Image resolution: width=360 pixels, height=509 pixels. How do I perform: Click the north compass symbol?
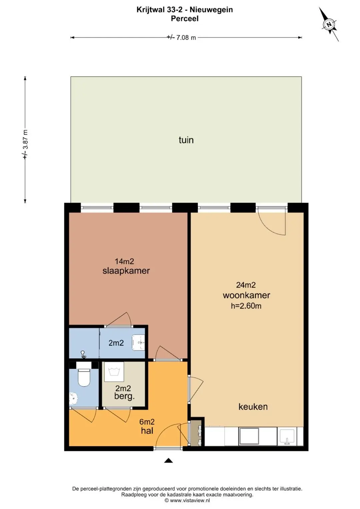[x=329, y=24]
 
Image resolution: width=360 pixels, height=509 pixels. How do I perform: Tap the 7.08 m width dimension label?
[x=181, y=37]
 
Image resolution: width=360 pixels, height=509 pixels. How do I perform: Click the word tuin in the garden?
[x=186, y=140]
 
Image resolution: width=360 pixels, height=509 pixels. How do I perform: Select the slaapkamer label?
[x=126, y=271]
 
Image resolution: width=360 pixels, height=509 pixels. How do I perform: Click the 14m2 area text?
[x=124, y=261]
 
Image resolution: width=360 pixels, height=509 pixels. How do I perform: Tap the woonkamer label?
[x=246, y=295]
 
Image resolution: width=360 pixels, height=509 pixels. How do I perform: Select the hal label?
[x=147, y=431]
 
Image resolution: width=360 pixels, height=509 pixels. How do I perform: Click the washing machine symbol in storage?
[x=114, y=372]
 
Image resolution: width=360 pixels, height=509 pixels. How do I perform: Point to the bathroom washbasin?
[x=138, y=342]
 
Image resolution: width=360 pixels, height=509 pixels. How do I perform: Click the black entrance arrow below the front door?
[x=168, y=460]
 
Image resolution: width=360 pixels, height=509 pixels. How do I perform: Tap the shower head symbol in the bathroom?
[x=83, y=354]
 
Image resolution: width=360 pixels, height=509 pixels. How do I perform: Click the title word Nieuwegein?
[x=211, y=10]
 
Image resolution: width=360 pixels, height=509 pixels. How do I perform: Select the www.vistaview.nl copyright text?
[x=187, y=500]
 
